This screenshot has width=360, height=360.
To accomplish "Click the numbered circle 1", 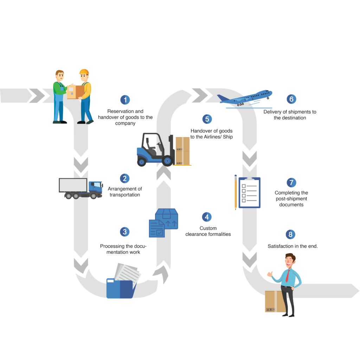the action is (125, 100).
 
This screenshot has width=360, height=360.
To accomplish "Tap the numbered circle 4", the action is (207, 217).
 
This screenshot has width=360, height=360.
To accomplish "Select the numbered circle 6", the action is (291, 99).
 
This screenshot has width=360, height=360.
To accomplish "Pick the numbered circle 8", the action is (290, 234).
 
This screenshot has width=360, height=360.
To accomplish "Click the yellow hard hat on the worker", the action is (84, 72).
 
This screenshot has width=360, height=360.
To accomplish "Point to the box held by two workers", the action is (76, 92).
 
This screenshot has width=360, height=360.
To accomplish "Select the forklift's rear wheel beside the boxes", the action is (167, 161).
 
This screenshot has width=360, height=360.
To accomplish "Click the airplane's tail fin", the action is (223, 98).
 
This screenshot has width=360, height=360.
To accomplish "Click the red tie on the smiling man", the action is (287, 276).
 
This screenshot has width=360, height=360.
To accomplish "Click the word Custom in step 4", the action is (208, 228).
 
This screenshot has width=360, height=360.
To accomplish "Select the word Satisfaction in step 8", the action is (280, 246).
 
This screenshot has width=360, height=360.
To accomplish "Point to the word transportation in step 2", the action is (125, 195).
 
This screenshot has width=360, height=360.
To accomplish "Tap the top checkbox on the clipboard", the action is (244, 186).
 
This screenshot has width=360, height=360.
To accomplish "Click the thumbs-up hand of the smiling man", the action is (270, 274).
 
